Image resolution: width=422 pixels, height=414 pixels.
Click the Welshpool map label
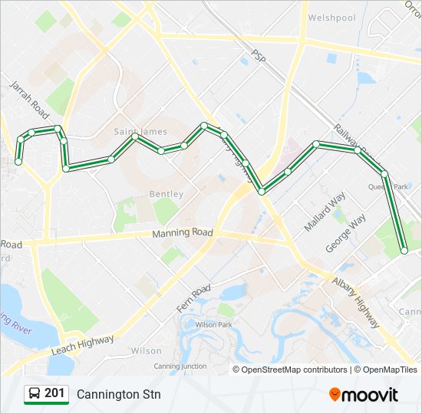(333, 18)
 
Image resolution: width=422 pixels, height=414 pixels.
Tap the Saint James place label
(140, 132)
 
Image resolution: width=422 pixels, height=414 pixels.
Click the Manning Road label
(182, 232)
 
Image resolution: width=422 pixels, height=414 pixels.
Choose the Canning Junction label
(180, 366)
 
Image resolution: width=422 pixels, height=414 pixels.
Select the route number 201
(54, 393)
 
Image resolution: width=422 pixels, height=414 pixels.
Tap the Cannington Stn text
(118, 394)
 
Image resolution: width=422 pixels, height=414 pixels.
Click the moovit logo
(364, 394)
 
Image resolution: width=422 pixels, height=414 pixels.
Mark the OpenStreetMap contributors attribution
(295, 370)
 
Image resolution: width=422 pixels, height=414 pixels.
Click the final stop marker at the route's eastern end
(404, 251)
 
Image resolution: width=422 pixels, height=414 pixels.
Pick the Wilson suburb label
(146, 350)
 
